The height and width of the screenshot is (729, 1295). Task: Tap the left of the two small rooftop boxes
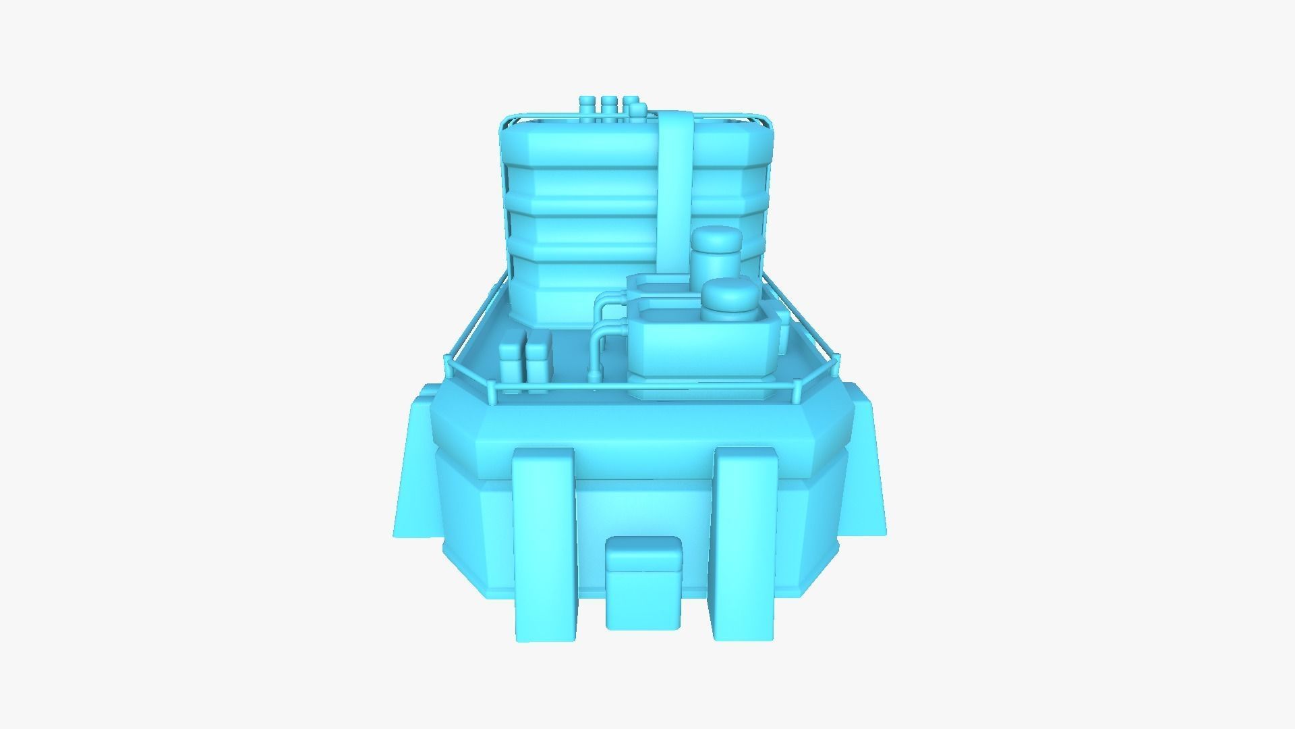click(x=511, y=364)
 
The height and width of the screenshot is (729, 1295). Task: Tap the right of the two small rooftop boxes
click(x=538, y=364)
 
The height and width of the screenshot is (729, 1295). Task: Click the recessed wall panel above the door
click(x=644, y=506)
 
